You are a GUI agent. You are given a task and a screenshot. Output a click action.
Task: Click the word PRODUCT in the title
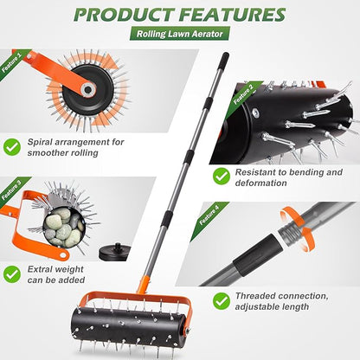pos(128,15)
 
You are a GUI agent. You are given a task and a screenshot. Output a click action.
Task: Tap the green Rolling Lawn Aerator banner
pos(179,35)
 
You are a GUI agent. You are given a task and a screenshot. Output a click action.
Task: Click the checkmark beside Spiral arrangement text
pos(12,147)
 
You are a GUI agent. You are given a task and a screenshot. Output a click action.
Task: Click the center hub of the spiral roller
pos(88,88)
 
